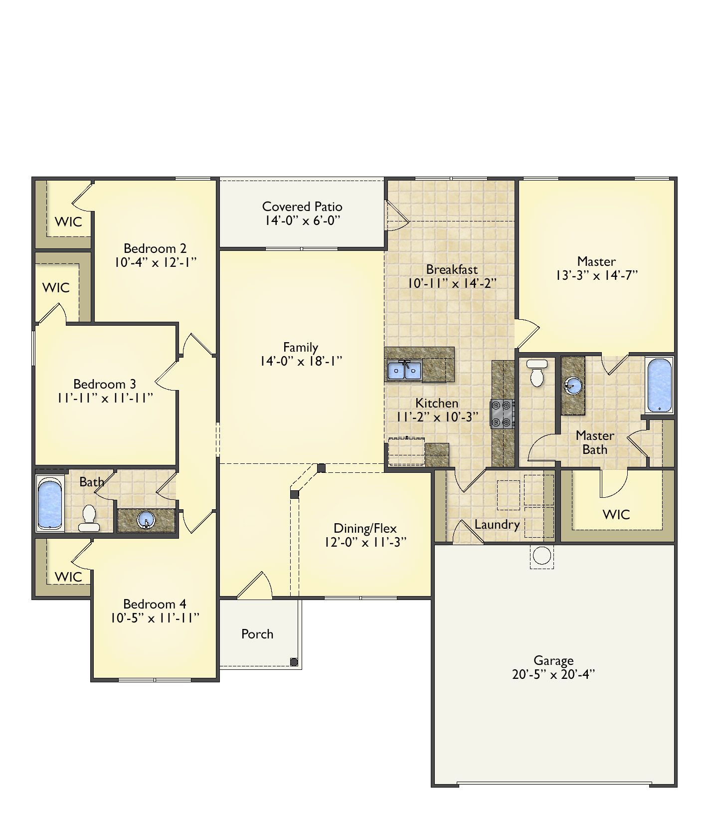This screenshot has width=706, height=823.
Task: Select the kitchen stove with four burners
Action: [x=503, y=414]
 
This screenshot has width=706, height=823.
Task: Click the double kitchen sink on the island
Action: [x=404, y=371]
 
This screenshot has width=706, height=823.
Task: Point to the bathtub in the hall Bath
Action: [x=50, y=503]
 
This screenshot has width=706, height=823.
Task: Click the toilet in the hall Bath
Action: [x=89, y=518]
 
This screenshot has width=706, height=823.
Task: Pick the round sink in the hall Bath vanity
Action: [x=147, y=520]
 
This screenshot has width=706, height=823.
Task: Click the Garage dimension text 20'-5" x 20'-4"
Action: [x=553, y=674]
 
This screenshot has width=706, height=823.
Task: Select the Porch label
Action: [x=257, y=634]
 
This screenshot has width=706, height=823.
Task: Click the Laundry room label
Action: [x=497, y=525]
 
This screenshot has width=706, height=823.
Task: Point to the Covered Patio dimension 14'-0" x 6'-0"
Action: [x=302, y=220]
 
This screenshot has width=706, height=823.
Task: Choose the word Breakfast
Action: [x=452, y=269]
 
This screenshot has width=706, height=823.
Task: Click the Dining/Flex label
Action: [x=365, y=528]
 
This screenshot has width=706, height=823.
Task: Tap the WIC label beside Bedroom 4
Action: [x=68, y=577]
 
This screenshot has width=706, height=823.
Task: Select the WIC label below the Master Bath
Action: [x=617, y=514]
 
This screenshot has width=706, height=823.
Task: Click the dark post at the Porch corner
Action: [x=294, y=662]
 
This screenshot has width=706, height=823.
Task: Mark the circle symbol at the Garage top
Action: [x=542, y=555]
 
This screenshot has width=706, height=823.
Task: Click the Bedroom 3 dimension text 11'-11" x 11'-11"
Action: [x=105, y=398]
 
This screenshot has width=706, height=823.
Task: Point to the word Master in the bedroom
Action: [x=596, y=261]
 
